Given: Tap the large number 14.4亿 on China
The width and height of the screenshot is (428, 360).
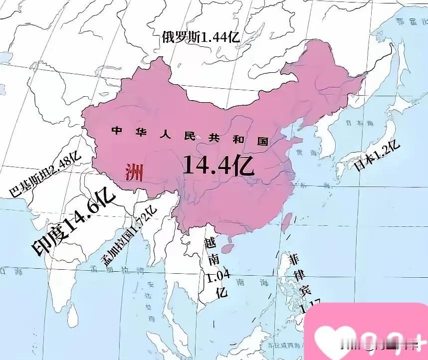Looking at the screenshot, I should pyautogui.click(x=218, y=165).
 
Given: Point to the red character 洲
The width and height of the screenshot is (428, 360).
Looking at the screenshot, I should pyautogui.click(x=133, y=173).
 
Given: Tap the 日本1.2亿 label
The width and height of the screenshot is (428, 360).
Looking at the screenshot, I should pyautogui.click(x=377, y=155).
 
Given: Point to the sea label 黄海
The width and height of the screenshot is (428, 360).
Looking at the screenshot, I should pyautogui.click(x=304, y=153).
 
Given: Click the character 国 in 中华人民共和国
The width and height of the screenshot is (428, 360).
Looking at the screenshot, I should pyautogui.click(x=262, y=141).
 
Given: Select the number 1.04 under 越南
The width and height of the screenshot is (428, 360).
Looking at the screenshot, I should pyautogui.click(x=216, y=275).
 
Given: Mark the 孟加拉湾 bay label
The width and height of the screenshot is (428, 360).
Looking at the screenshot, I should pyautogui.click(x=115, y=272).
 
